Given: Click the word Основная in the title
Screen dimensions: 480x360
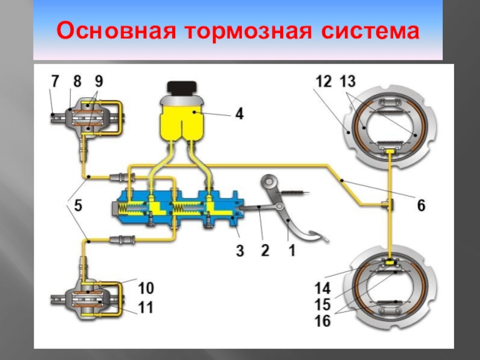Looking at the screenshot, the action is (116, 31).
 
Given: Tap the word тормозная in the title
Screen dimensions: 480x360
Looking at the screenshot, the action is (248, 31).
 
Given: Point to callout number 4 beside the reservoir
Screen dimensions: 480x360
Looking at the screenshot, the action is (239, 113).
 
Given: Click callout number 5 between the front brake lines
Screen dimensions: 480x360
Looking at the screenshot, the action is (78, 205).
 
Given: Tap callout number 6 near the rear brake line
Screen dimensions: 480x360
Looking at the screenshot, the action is (421, 205).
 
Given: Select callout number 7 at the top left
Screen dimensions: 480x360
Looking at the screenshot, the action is (55, 82).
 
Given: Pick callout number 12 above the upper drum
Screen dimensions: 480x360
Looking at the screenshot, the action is (323, 82).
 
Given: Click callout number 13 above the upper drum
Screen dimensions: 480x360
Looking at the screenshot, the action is (348, 82).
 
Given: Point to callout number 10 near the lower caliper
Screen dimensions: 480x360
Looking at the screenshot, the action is (146, 288).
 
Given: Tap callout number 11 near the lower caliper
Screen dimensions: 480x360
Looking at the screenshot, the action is (146, 307).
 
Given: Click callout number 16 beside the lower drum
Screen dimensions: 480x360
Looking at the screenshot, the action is (323, 321).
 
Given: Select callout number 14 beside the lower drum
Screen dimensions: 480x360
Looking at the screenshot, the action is (323, 289).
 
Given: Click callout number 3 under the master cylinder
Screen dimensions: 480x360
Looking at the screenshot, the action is (240, 251).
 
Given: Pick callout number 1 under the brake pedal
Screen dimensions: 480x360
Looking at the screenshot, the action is (292, 250).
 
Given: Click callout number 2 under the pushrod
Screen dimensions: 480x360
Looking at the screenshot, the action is (265, 250).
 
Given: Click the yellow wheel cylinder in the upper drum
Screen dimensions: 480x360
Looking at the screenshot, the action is (389, 151).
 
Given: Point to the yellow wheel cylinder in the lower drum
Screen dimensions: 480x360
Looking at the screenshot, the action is (389, 262).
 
